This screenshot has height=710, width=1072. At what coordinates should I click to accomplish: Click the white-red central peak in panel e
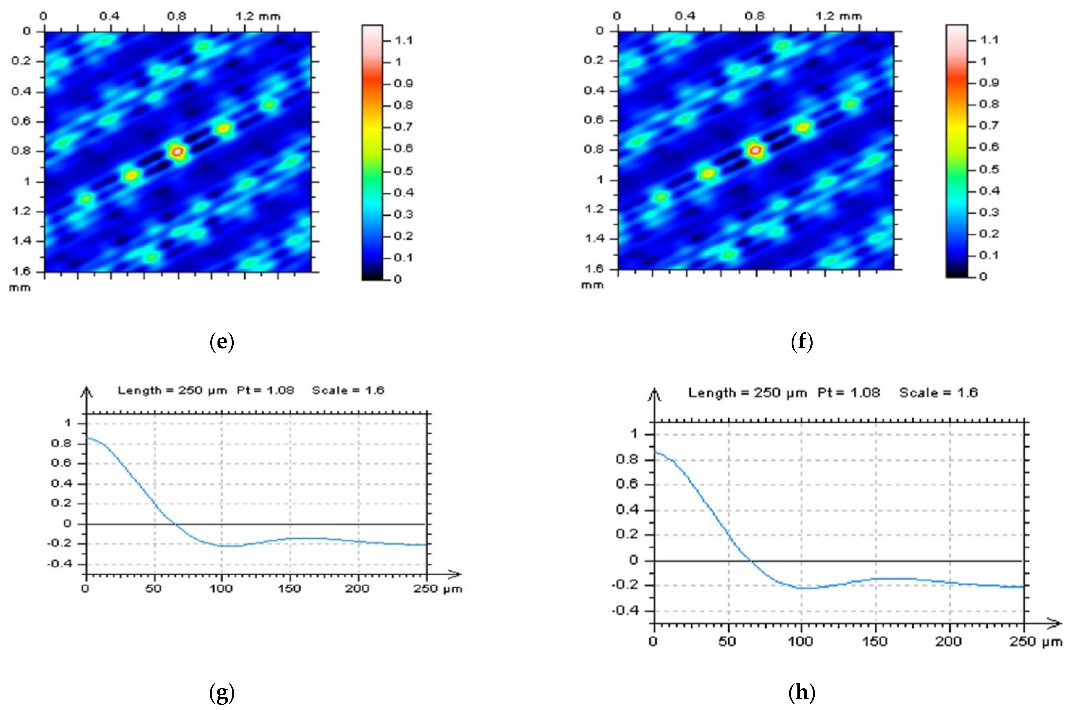pyautogui.click(x=177, y=151)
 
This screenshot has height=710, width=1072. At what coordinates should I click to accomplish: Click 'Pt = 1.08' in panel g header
pyautogui.click(x=265, y=390)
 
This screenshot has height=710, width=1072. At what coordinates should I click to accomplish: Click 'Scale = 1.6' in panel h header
pyautogui.click(x=938, y=393)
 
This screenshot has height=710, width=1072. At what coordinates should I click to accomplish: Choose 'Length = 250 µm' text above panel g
pyautogui.click(x=172, y=390)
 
